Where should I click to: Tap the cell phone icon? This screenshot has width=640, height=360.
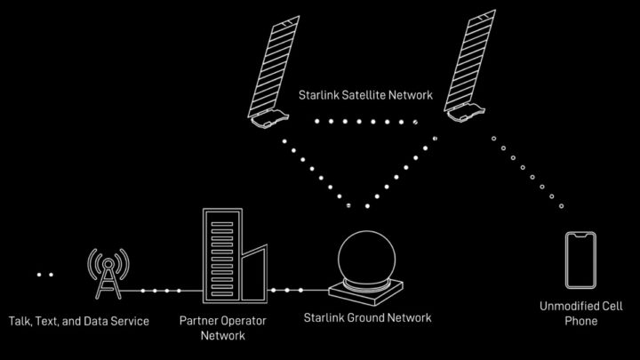coord(580,260)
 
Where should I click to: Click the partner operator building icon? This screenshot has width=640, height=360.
coord(230,258)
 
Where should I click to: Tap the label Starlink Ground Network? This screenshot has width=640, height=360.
coord(367,317)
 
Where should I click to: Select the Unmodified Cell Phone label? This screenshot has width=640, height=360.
coord(580,313)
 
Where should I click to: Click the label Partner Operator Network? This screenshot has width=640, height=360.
coord(223,326)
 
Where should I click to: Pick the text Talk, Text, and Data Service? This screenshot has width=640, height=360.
coord(78,319)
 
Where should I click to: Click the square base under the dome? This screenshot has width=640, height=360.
coord(365,290)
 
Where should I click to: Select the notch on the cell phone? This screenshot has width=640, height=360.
coord(580,236)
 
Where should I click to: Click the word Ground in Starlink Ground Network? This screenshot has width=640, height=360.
coord(367,317)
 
